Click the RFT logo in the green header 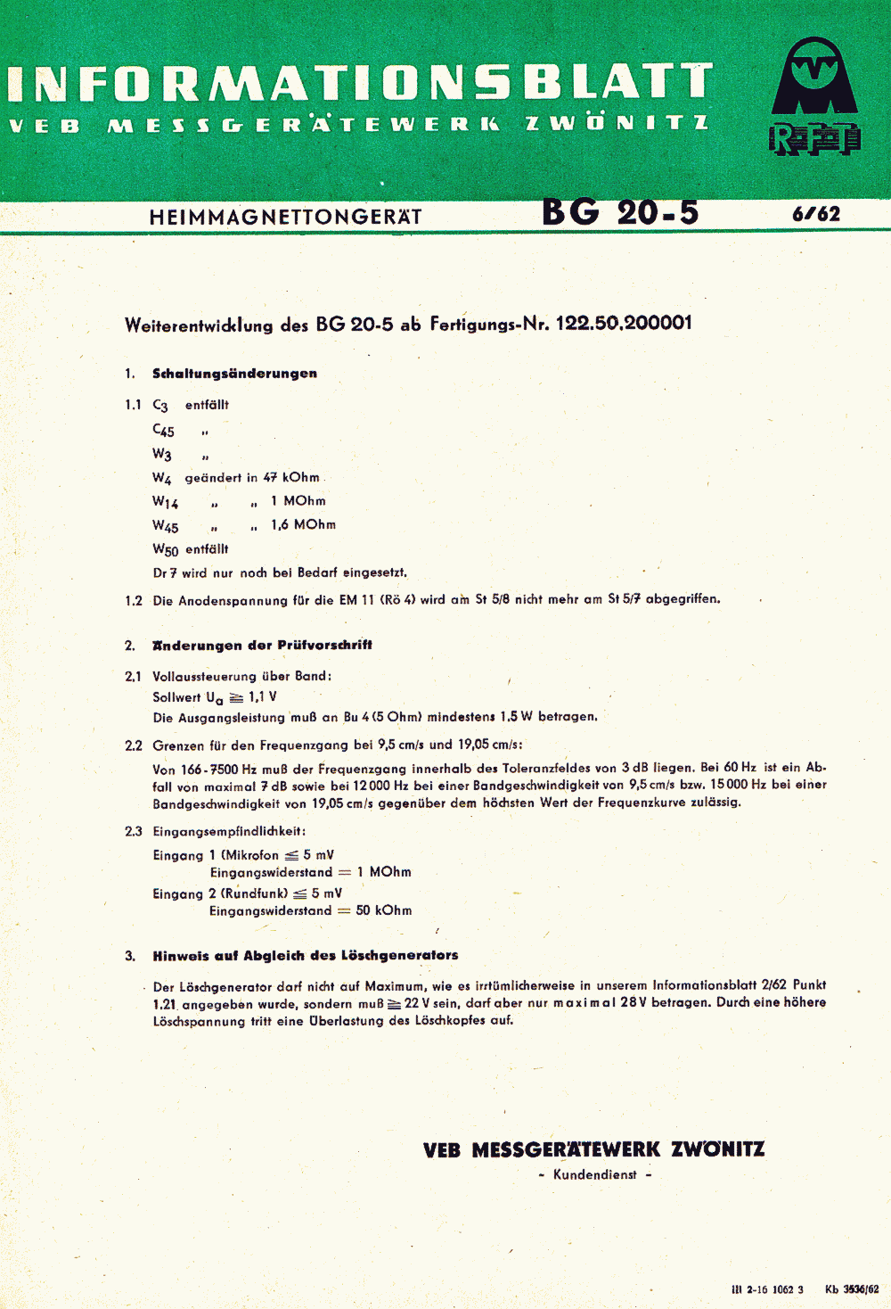(x=814, y=97)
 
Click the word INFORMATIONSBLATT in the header (x=360, y=83)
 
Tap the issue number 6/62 (x=816, y=214)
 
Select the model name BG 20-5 (x=620, y=213)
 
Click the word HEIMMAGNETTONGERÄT (x=285, y=217)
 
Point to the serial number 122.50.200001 (x=624, y=323)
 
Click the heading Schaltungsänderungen (x=234, y=374)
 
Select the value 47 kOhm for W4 (x=291, y=478)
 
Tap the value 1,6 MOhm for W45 (x=303, y=525)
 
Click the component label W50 (x=166, y=550)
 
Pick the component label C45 (x=164, y=431)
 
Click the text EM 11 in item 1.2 (x=357, y=600)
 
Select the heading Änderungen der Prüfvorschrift (x=262, y=646)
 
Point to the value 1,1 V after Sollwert (x=262, y=697)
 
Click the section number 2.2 (x=134, y=745)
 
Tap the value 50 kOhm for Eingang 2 (x=384, y=911)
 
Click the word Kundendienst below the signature (x=595, y=1175)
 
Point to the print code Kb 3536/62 (x=852, y=1289)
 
